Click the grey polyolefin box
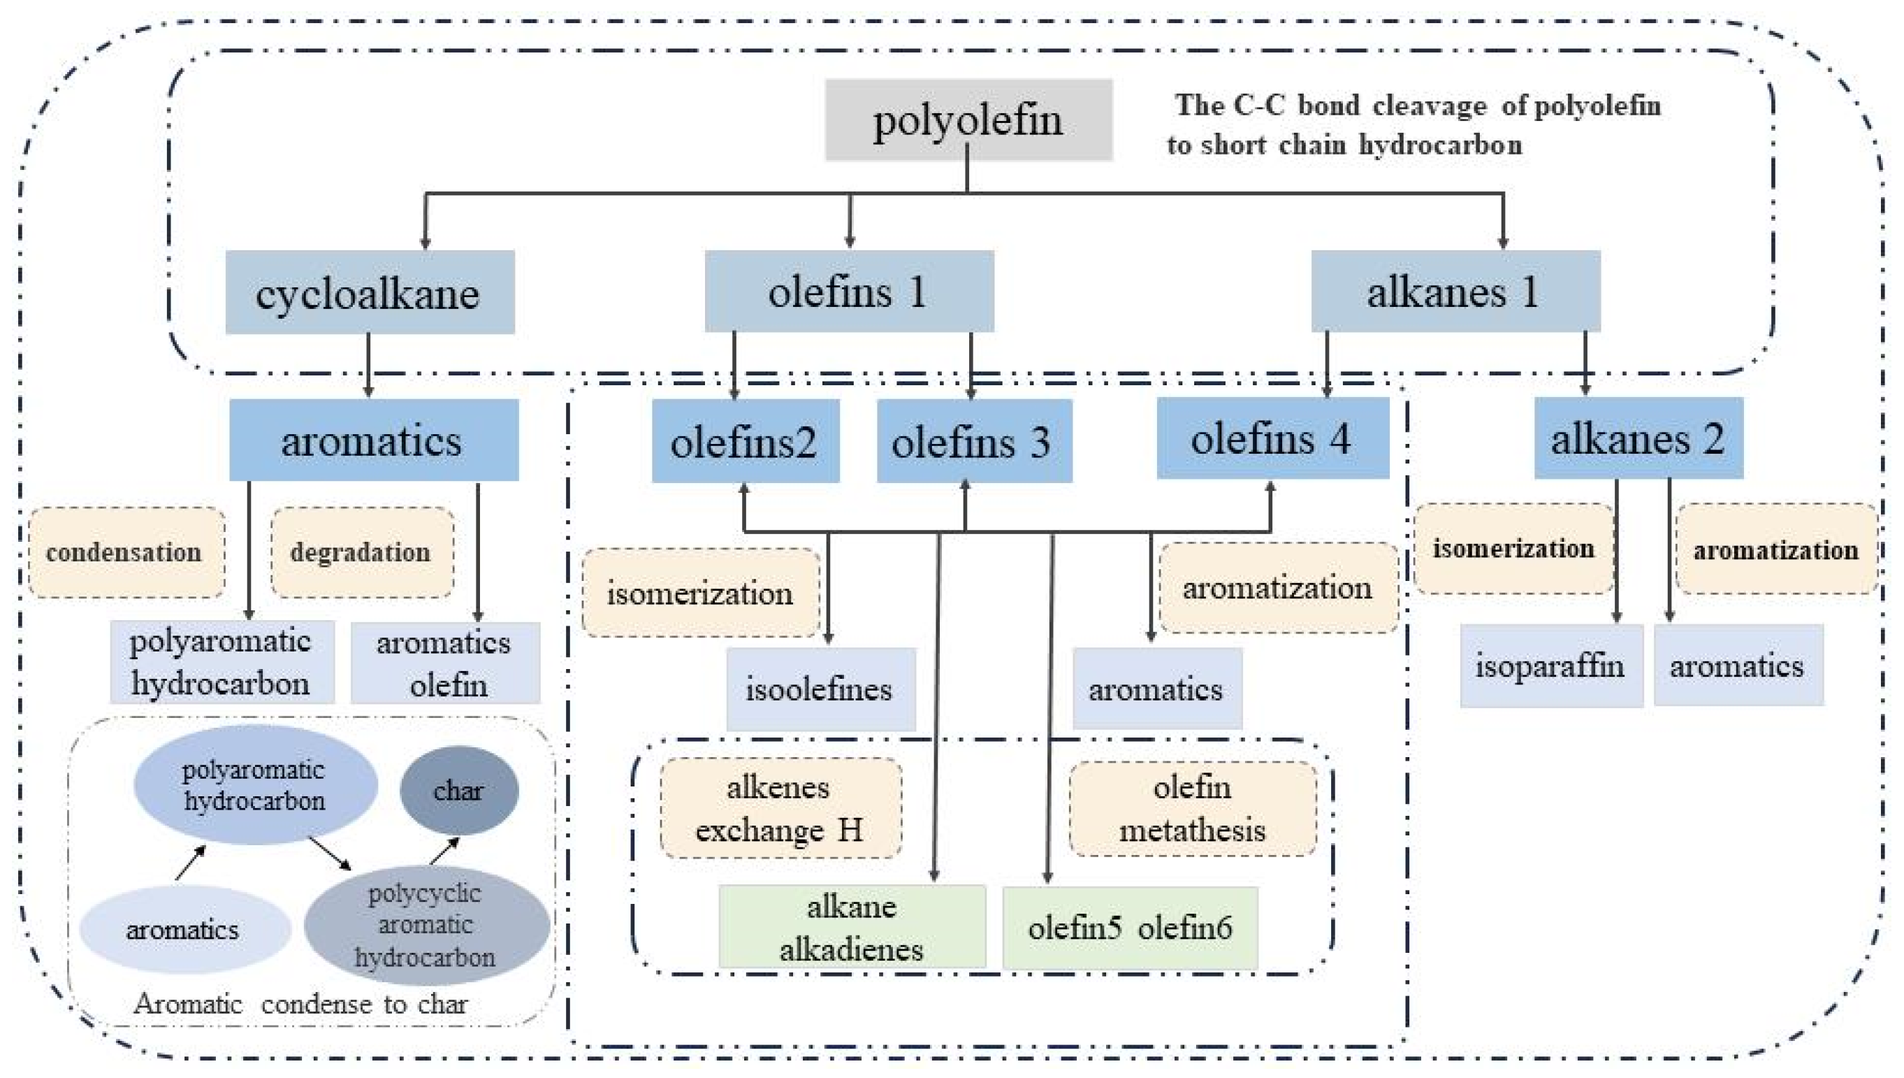[968, 120]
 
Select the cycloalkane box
[369, 292]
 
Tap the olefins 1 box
[849, 291]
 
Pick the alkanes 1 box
[1455, 291]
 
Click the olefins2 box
[745, 441]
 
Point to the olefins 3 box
[974, 441]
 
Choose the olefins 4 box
[1272, 438]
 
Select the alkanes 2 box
[1638, 438]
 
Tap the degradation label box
[362, 552]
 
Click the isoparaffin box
[1550, 666]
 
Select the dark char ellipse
[459, 791]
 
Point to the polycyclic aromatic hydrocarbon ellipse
[426, 925]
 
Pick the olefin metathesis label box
[1192, 808]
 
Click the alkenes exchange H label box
[780, 808]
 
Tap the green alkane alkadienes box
[852, 927]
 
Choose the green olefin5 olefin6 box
[1129, 928]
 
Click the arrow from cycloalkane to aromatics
[368, 365]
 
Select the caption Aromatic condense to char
[300, 1004]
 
